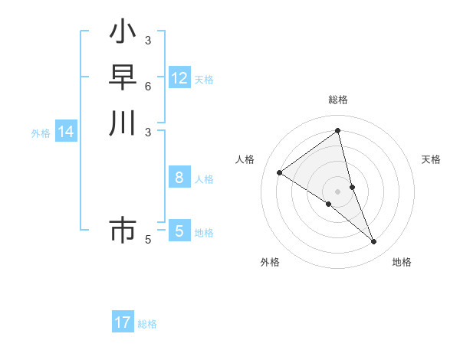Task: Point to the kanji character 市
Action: [123, 230]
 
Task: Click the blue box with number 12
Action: [179, 78]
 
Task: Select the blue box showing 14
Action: [66, 132]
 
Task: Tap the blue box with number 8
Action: [179, 178]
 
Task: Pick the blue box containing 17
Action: [123, 322]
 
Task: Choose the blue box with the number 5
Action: [179, 231]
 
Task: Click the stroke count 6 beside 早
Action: [148, 86]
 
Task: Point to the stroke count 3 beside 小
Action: [148, 40]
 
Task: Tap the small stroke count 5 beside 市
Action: [148, 240]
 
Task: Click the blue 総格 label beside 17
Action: [147, 324]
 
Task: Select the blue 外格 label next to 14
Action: [41, 133]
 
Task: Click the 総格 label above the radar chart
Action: [338, 100]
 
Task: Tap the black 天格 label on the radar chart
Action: [431, 159]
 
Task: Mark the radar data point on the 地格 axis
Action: [374, 242]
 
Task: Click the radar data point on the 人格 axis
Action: [280, 172]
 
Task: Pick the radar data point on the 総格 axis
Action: [338, 131]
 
